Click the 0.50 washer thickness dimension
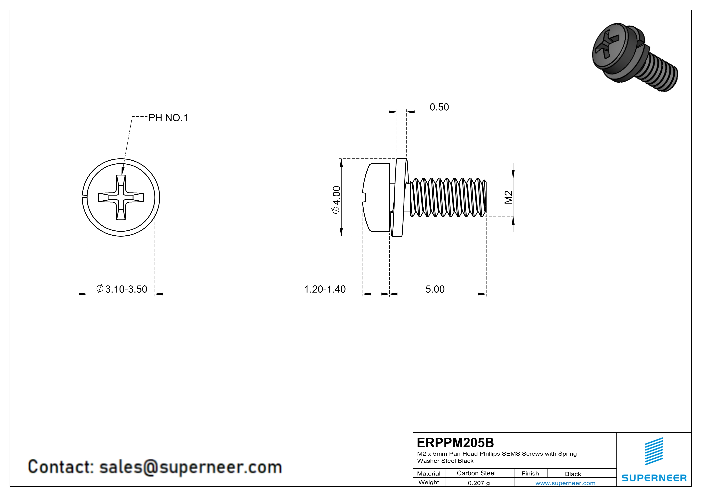coord(439,107)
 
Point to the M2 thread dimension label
coord(508,197)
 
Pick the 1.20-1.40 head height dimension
coord(325,289)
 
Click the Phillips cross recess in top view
coord(121,197)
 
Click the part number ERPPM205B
coord(455,443)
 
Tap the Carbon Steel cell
coord(476,473)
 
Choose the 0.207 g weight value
coord(478,483)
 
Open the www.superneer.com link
coord(565,483)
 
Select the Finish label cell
coord(530,473)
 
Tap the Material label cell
coord(429,473)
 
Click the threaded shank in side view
coord(447,197)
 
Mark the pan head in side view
coord(376,197)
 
